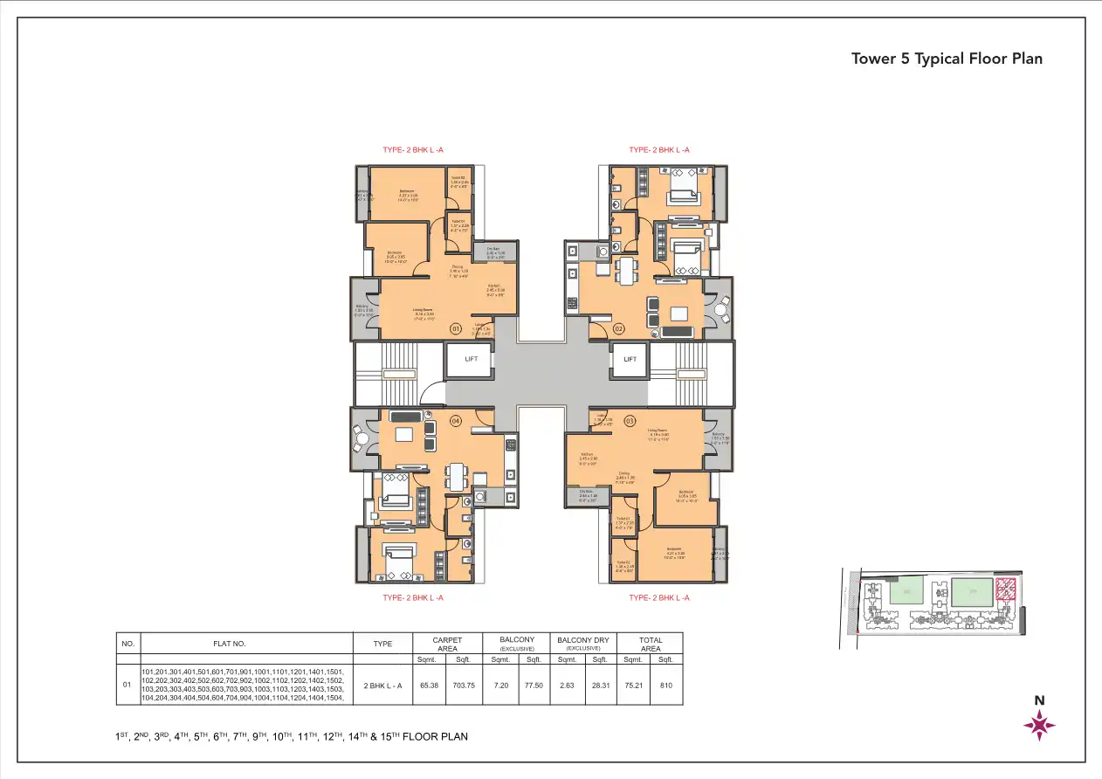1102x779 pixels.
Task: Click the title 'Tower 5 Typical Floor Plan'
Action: [x=947, y=59]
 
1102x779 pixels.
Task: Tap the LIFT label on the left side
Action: [x=471, y=359]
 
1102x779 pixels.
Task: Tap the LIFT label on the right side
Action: [x=630, y=359]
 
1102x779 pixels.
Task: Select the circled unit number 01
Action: [x=455, y=328]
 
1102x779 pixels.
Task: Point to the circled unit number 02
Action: [x=618, y=328]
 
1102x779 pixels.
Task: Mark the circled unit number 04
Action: [x=455, y=421]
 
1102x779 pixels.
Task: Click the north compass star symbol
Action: [x=1039, y=724]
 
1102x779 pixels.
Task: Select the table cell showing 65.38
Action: [x=430, y=686]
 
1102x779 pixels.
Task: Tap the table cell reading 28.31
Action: [x=600, y=686]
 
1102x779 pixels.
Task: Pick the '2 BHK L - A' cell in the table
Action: [x=382, y=686]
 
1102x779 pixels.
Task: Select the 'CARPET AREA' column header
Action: [x=447, y=644]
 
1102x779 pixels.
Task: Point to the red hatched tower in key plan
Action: [x=1006, y=592]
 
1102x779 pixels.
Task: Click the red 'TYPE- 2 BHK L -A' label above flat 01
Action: [x=413, y=150]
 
